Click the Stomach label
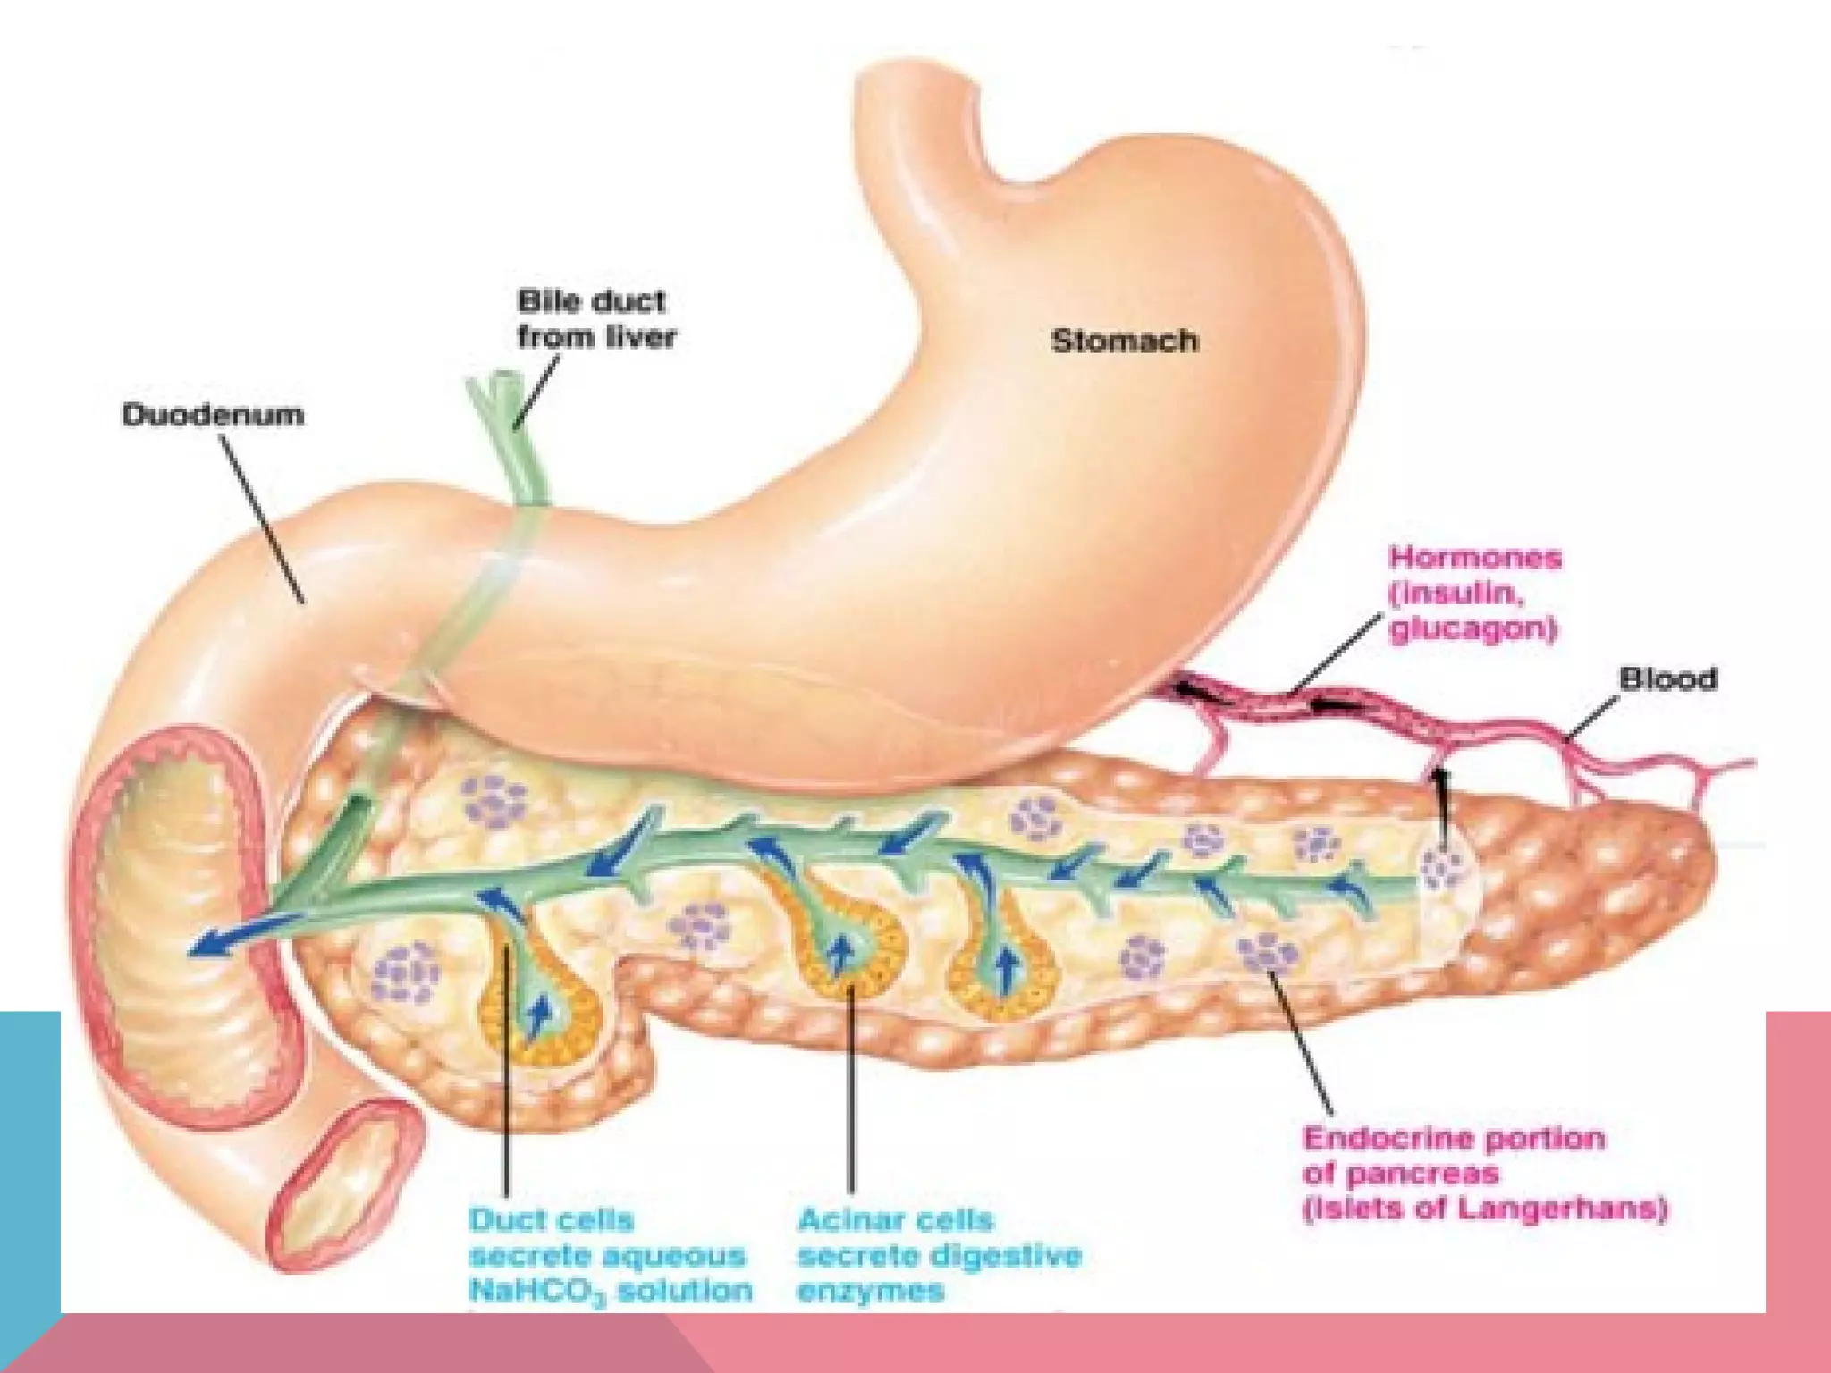1124,341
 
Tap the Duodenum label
213,415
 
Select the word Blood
1668,679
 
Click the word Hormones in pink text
1475,558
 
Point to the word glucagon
1472,628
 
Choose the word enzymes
870,1291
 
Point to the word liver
640,337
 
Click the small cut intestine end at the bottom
344,1184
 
